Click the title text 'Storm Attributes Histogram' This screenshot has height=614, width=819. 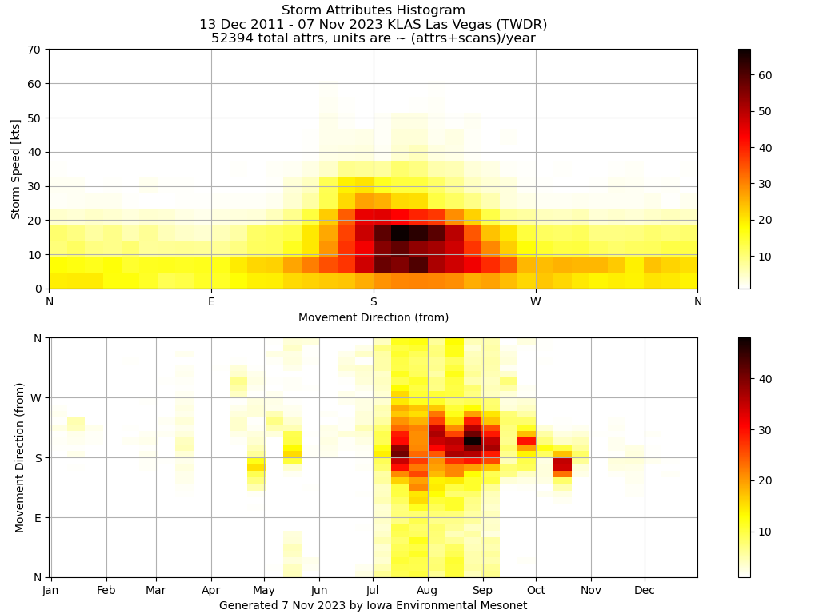(373, 10)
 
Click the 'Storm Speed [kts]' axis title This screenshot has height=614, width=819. (16, 169)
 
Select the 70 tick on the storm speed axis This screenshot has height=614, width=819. (34, 50)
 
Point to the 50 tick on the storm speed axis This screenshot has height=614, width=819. (34, 118)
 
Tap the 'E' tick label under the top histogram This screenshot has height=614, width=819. (211, 301)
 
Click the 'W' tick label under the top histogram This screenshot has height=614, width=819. (535, 301)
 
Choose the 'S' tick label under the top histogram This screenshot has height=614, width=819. (374, 301)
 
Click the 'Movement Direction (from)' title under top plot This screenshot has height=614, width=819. (374, 317)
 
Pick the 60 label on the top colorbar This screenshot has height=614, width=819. (765, 75)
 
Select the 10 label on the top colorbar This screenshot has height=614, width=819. (765, 256)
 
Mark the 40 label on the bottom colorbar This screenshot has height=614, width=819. (765, 379)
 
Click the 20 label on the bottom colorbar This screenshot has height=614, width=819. (765, 480)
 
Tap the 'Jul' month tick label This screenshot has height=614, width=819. (372, 591)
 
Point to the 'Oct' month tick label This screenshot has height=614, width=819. (536, 591)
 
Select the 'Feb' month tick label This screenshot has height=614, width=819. (106, 591)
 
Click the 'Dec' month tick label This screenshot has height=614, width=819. (645, 591)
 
